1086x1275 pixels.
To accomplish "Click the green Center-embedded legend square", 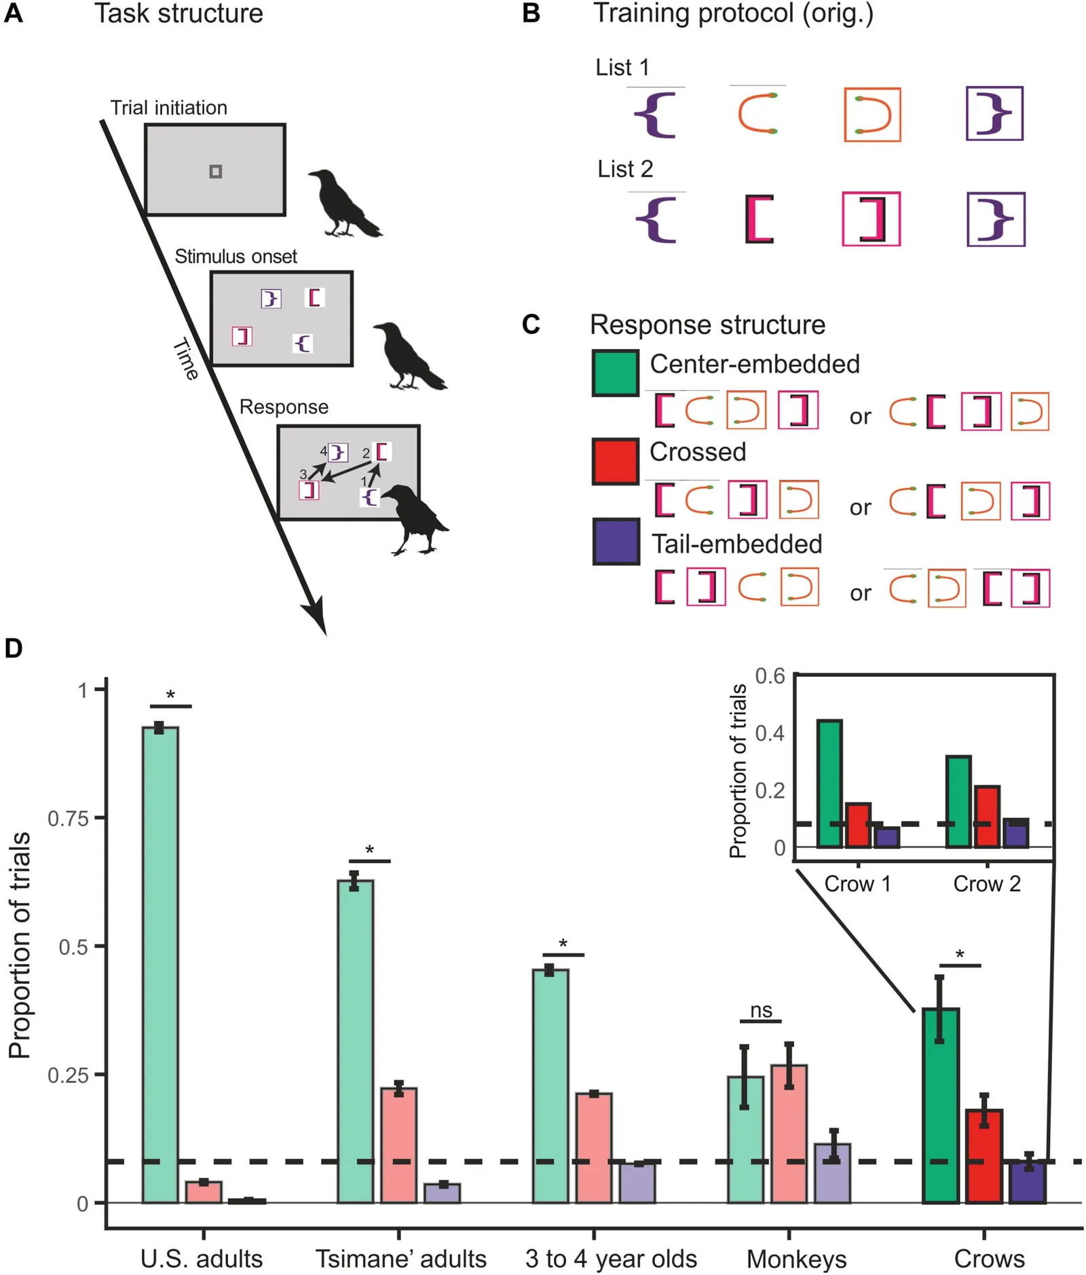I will pyautogui.click(x=615, y=373).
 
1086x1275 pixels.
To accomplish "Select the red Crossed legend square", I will pyautogui.click(x=615, y=462).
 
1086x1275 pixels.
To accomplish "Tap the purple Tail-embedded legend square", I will pyautogui.click(x=616, y=542).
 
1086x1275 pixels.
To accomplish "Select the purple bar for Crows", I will pyautogui.click(x=1028, y=1182).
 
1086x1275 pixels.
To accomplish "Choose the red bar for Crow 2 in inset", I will pyautogui.click(x=986, y=816).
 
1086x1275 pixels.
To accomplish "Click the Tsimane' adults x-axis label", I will pyautogui.click(x=400, y=1259).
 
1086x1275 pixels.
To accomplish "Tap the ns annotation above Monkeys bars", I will pyautogui.click(x=761, y=1010).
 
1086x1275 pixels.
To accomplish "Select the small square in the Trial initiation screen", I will pyautogui.click(x=215, y=172).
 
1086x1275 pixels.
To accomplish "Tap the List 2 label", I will pyautogui.click(x=625, y=169).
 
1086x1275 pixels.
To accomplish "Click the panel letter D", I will pyautogui.click(x=14, y=648).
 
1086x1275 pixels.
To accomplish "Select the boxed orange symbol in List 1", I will pyautogui.click(x=872, y=115).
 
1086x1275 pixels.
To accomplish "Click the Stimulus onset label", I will pyautogui.click(x=236, y=257).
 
